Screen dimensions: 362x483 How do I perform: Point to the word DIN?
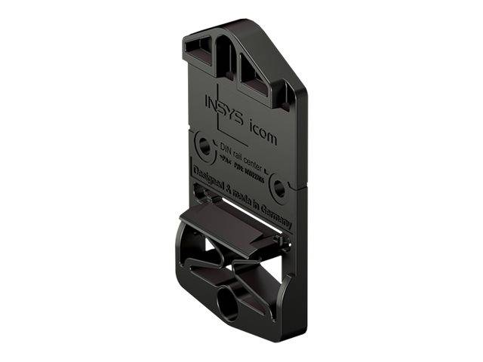225,149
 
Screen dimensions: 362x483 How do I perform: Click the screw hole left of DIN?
203,146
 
